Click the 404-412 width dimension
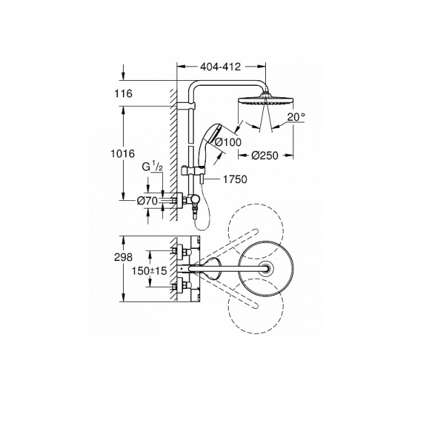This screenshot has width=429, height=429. tap(220, 66)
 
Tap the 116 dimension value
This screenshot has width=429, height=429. tap(123, 94)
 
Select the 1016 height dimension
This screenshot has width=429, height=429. tap(122, 154)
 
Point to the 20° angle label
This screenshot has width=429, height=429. tap(296, 117)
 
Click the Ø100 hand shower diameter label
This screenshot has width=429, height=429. tap(228, 142)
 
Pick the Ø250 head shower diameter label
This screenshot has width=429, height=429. tap(265, 156)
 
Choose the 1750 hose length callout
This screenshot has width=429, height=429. tap(235, 179)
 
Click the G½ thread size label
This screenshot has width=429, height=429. tap(152, 167)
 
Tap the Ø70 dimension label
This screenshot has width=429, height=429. tap(147, 201)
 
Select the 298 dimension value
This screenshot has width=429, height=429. tap(123, 257)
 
